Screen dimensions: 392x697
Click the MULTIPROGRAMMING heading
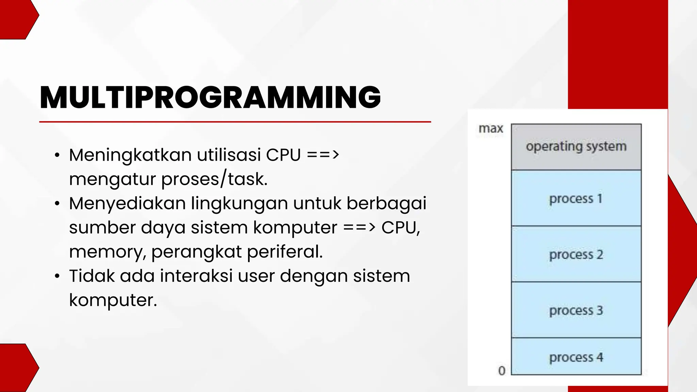click(210, 98)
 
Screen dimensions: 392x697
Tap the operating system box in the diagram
click(576, 147)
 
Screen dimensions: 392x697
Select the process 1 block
click(576, 198)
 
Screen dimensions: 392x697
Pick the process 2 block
click(576, 254)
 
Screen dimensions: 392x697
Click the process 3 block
click(576, 310)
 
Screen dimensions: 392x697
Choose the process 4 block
click(576, 357)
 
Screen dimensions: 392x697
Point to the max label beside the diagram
click(491, 129)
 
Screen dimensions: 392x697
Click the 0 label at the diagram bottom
click(502, 371)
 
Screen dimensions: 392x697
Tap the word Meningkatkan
click(130, 155)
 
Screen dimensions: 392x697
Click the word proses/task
click(214, 179)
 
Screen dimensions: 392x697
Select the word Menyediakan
click(127, 203)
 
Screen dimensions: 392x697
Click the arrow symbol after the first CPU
click(323, 155)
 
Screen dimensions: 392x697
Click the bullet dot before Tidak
click(57, 276)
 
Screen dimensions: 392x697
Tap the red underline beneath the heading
click(235, 121)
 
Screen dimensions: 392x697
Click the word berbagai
click(386, 203)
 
